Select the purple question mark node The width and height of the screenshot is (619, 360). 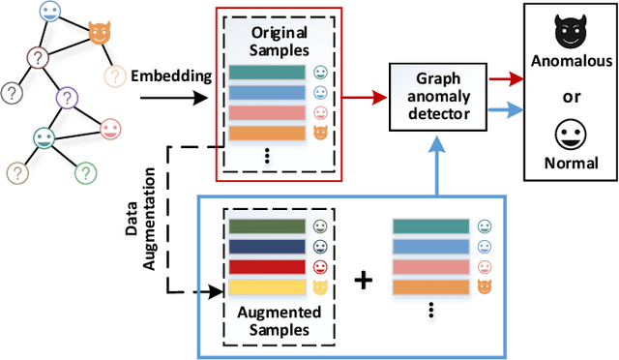point(67,97)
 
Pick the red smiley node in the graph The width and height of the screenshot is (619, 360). point(110,128)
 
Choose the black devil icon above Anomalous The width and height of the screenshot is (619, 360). point(571,35)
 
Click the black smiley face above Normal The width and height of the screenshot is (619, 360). point(571,134)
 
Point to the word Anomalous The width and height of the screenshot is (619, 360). point(572,61)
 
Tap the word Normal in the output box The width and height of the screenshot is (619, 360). point(572,163)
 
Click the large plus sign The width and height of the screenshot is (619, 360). point(364,282)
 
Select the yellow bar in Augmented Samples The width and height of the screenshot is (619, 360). point(266,288)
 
